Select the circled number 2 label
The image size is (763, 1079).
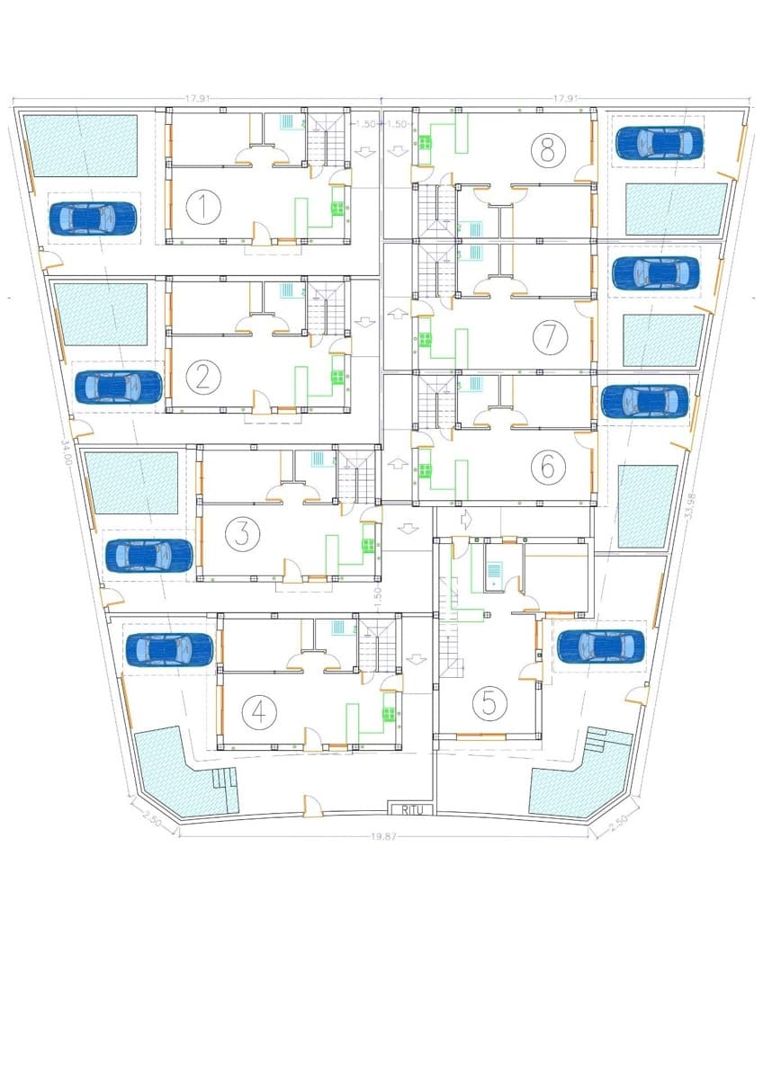tap(203, 376)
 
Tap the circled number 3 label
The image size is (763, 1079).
tap(240, 534)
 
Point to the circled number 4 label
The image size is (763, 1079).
tap(259, 711)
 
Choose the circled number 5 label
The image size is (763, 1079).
tap(489, 701)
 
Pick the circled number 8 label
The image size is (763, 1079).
tap(546, 149)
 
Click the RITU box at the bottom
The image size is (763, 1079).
tap(411, 809)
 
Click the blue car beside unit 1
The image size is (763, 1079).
tap(93, 218)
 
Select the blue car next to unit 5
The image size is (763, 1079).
tap(600, 646)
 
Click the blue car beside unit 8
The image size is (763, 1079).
tap(659, 141)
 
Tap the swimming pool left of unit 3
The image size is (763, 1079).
tap(132, 483)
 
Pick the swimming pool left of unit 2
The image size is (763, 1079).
tap(101, 314)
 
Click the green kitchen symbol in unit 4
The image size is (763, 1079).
tap(389, 715)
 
